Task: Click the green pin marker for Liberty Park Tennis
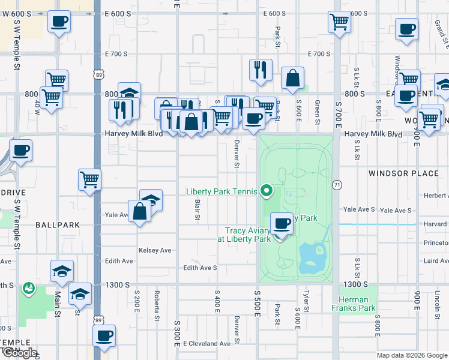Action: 267,191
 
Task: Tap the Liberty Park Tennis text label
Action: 221,192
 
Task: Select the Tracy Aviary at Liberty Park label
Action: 248,235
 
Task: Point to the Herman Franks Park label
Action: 354,304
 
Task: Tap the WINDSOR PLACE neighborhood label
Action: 403,173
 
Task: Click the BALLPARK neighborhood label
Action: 58,225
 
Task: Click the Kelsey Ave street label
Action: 155,250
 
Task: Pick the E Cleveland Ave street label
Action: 207,344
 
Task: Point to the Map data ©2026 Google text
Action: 412,355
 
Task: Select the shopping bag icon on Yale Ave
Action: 139,211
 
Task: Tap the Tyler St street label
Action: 306,301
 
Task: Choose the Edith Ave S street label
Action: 200,268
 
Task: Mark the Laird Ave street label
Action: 436,261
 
